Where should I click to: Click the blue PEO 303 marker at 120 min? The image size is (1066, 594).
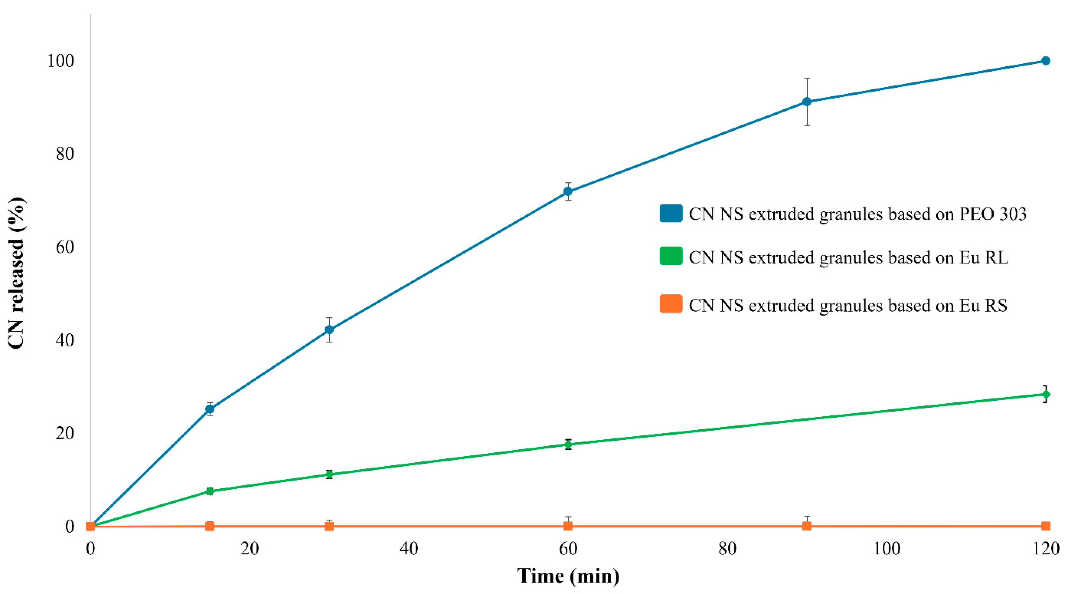click(x=1045, y=61)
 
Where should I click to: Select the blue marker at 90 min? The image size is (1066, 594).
click(x=807, y=101)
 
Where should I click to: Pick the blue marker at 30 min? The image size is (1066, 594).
click(x=329, y=330)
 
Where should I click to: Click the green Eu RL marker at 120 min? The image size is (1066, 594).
click(x=1045, y=394)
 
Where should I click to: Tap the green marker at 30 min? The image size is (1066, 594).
click(x=329, y=474)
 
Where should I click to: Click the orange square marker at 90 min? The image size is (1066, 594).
click(x=807, y=526)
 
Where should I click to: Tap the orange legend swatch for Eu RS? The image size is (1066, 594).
click(x=671, y=304)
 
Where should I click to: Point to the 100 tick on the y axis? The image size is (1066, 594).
click(x=60, y=61)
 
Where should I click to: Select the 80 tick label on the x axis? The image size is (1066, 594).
click(x=727, y=549)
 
